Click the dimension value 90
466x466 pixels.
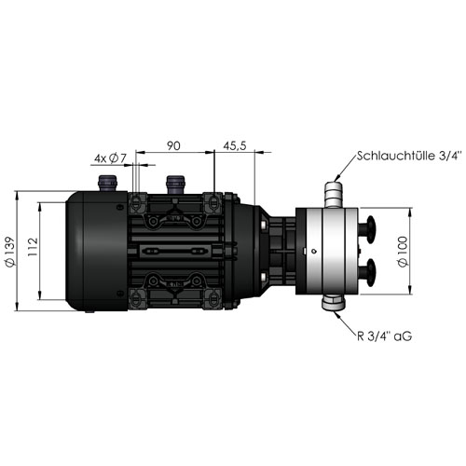[173, 145]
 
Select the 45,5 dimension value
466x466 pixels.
[235, 145]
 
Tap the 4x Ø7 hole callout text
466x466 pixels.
[111, 158]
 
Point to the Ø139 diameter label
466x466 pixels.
[10, 252]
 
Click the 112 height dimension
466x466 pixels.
[33, 247]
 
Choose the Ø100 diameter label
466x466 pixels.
[403, 251]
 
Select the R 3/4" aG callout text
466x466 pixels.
[385, 336]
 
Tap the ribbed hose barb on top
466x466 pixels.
[334, 194]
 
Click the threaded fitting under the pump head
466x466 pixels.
[334, 302]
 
